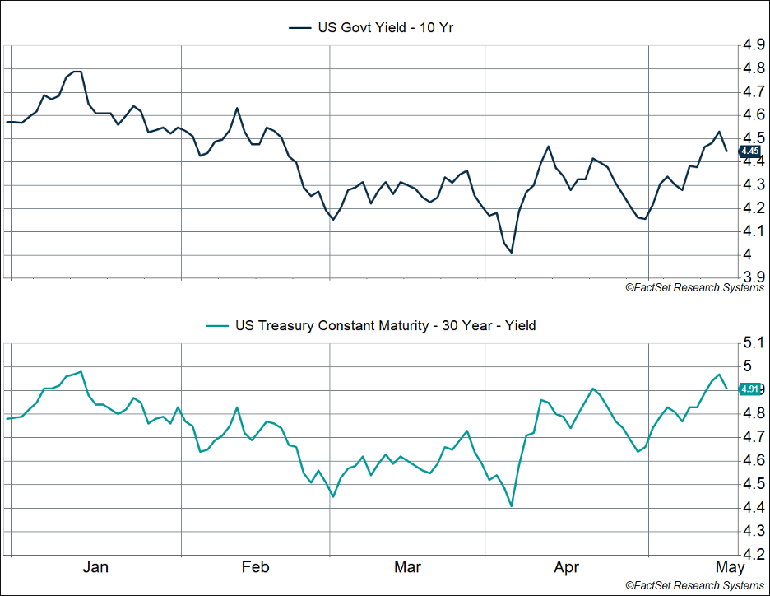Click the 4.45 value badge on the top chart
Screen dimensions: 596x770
(749, 151)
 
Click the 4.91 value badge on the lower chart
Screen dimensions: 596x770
(750, 389)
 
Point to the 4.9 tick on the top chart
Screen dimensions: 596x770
(754, 45)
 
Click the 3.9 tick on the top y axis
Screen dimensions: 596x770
(754, 277)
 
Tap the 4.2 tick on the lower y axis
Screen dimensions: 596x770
(754, 555)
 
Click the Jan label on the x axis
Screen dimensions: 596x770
(96, 567)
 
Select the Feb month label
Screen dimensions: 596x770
(255, 567)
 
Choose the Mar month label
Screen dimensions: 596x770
(408, 567)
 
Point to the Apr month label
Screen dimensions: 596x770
(567, 567)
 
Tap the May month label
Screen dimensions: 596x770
(730, 567)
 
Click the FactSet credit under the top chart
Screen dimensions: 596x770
(694, 287)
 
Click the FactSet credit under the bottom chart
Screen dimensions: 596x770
(694, 585)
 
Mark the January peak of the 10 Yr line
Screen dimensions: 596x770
(77, 72)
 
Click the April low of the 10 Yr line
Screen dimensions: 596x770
(511, 252)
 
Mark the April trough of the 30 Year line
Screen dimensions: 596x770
(511, 505)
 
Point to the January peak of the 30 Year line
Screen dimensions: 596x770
(81, 371)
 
